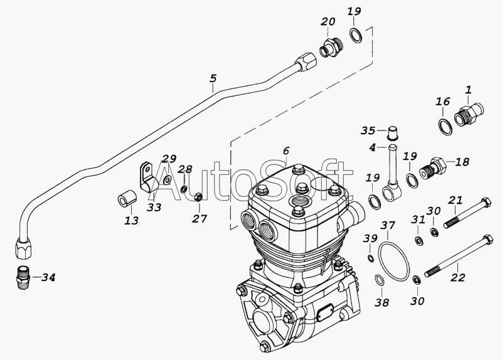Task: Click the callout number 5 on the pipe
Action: [x=213, y=79]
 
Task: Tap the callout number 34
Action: [x=47, y=277]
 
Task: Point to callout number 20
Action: [x=327, y=22]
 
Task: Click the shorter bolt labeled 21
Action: [x=466, y=213]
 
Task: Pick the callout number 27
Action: [x=199, y=218]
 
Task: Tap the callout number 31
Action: [x=418, y=219]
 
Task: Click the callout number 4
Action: [x=372, y=147]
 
